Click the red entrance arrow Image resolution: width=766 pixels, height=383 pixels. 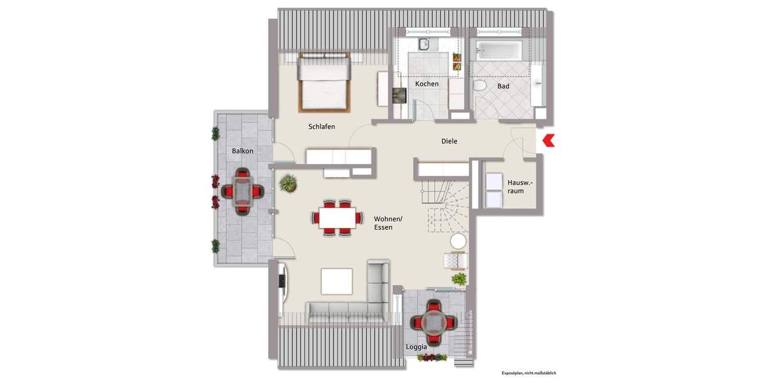(x=548, y=140)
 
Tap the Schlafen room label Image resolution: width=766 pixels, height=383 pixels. (x=322, y=126)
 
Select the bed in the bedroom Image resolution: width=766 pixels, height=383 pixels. (x=324, y=81)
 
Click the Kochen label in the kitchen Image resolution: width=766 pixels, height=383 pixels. (x=426, y=84)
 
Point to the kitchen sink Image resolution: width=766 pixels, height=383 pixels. (x=424, y=44)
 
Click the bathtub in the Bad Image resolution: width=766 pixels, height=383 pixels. (x=499, y=49)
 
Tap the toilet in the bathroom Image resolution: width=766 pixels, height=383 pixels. (x=481, y=86)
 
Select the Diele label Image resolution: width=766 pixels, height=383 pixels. (x=449, y=141)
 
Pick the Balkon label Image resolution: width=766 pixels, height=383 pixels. (x=243, y=151)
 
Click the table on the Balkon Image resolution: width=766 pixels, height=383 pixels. (x=243, y=190)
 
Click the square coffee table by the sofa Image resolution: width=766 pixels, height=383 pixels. (x=336, y=282)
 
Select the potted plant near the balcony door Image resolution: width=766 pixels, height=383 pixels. (x=288, y=184)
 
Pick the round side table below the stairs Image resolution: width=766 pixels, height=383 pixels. (x=458, y=241)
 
